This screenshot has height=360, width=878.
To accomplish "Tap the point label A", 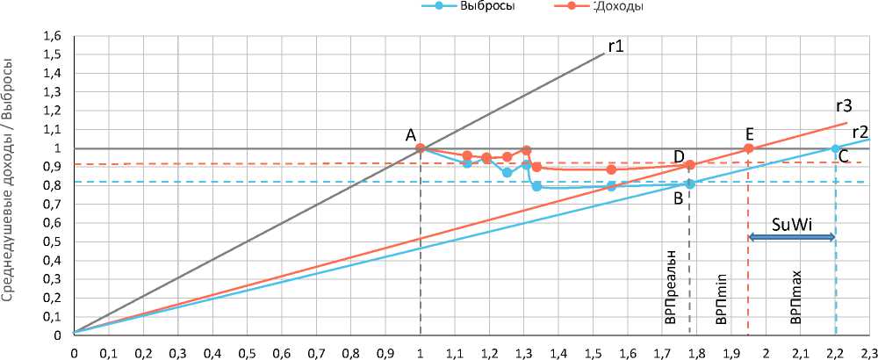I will (x=411, y=135).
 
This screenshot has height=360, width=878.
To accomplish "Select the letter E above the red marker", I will (x=749, y=134).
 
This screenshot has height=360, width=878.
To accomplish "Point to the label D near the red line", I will (x=679, y=156).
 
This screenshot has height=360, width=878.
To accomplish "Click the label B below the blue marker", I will (x=678, y=198).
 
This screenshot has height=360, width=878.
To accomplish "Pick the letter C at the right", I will (x=843, y=158).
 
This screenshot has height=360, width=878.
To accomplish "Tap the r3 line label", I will (x=844, y=106).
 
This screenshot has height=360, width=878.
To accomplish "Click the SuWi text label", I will (x=791, y=224).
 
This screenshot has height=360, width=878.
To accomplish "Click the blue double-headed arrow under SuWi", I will (x=791, y=238).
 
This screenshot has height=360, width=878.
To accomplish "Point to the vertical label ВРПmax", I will (x=795, y=299).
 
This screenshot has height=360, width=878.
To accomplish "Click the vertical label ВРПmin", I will (x=721, y=299).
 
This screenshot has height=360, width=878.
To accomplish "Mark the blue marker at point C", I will (x=835, y=148).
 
